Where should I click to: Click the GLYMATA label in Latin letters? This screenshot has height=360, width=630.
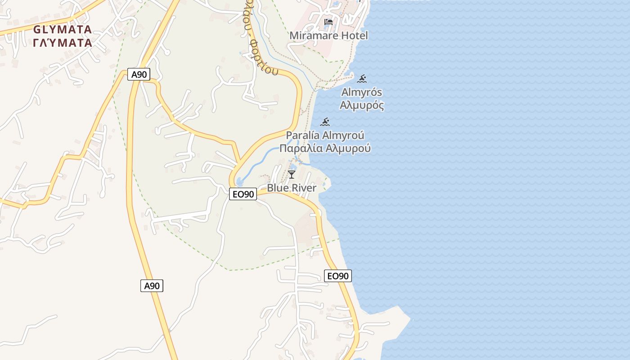62,30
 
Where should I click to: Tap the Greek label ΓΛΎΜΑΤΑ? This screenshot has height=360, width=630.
62,43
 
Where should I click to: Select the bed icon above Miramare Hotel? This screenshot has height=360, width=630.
328,22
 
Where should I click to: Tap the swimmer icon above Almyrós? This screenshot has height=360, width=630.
362,80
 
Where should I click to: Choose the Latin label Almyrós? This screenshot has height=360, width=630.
362,93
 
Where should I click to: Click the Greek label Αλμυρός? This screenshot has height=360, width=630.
362,106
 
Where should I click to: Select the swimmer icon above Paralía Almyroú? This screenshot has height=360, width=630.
325,122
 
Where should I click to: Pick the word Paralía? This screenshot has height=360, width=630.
303,135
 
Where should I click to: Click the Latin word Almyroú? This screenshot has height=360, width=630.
344,135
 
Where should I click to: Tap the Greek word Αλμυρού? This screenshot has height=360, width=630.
348,148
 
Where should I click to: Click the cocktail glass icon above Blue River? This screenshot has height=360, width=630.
292,174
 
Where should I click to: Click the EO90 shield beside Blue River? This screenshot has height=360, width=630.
243,194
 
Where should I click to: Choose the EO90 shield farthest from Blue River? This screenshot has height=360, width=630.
338,276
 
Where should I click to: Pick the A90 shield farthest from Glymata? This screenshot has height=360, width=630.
152,285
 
